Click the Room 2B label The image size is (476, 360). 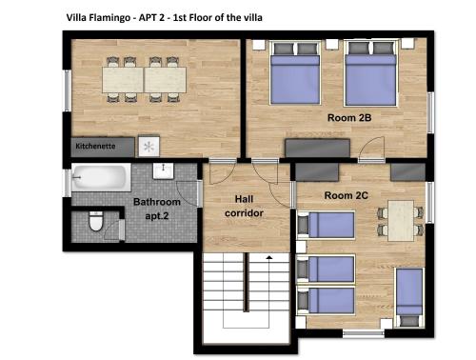click(349, 118)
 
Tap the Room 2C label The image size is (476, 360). click(346, 195)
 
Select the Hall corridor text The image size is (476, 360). click(244, 206)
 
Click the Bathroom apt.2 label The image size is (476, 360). click(157, 209)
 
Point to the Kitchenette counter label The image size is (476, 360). click(95, 147)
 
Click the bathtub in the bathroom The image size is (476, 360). click(101, 177)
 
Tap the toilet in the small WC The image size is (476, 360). click(96, 221)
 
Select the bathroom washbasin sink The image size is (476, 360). click(163, 171)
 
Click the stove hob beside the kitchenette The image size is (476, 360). click(149, 147)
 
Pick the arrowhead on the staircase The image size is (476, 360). click(269, 257)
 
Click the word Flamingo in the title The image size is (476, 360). click(109, 17)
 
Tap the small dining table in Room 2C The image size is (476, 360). click(401, 221)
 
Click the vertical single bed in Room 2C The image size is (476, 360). click(409, 298)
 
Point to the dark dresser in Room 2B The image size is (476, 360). click(317, 148)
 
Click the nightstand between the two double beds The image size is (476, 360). click(332, 44)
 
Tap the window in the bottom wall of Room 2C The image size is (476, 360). click(364, 333)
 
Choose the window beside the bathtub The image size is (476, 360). click(67, 183)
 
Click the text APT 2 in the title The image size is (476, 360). click(151, 17)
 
